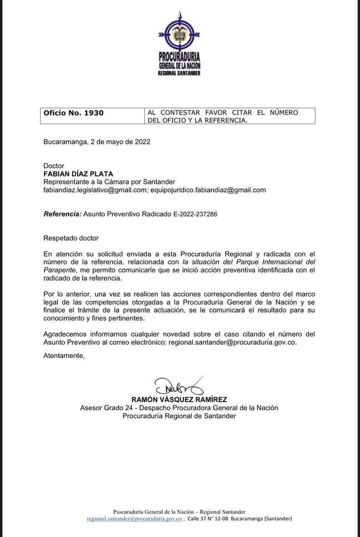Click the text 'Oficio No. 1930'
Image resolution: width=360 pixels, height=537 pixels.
[74, 113]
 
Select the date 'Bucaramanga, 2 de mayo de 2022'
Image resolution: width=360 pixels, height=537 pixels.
[97, 142]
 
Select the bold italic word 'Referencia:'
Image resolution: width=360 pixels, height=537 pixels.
[63, 214]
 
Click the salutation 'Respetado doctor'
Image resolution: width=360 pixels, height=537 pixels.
[71, 238]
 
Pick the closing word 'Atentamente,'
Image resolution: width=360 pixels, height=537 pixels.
[64, 356]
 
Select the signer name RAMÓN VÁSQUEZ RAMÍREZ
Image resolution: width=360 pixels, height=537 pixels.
[179, 399]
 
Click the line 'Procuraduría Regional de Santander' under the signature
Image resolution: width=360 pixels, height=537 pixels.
[179, 416]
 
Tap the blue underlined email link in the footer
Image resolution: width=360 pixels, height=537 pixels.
[135, 519]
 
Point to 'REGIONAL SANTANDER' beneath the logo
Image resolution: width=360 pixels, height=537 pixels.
[179, 73]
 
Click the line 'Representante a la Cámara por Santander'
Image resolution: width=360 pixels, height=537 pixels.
[109, 182]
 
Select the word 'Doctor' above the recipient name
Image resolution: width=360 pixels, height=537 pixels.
[54, 166]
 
